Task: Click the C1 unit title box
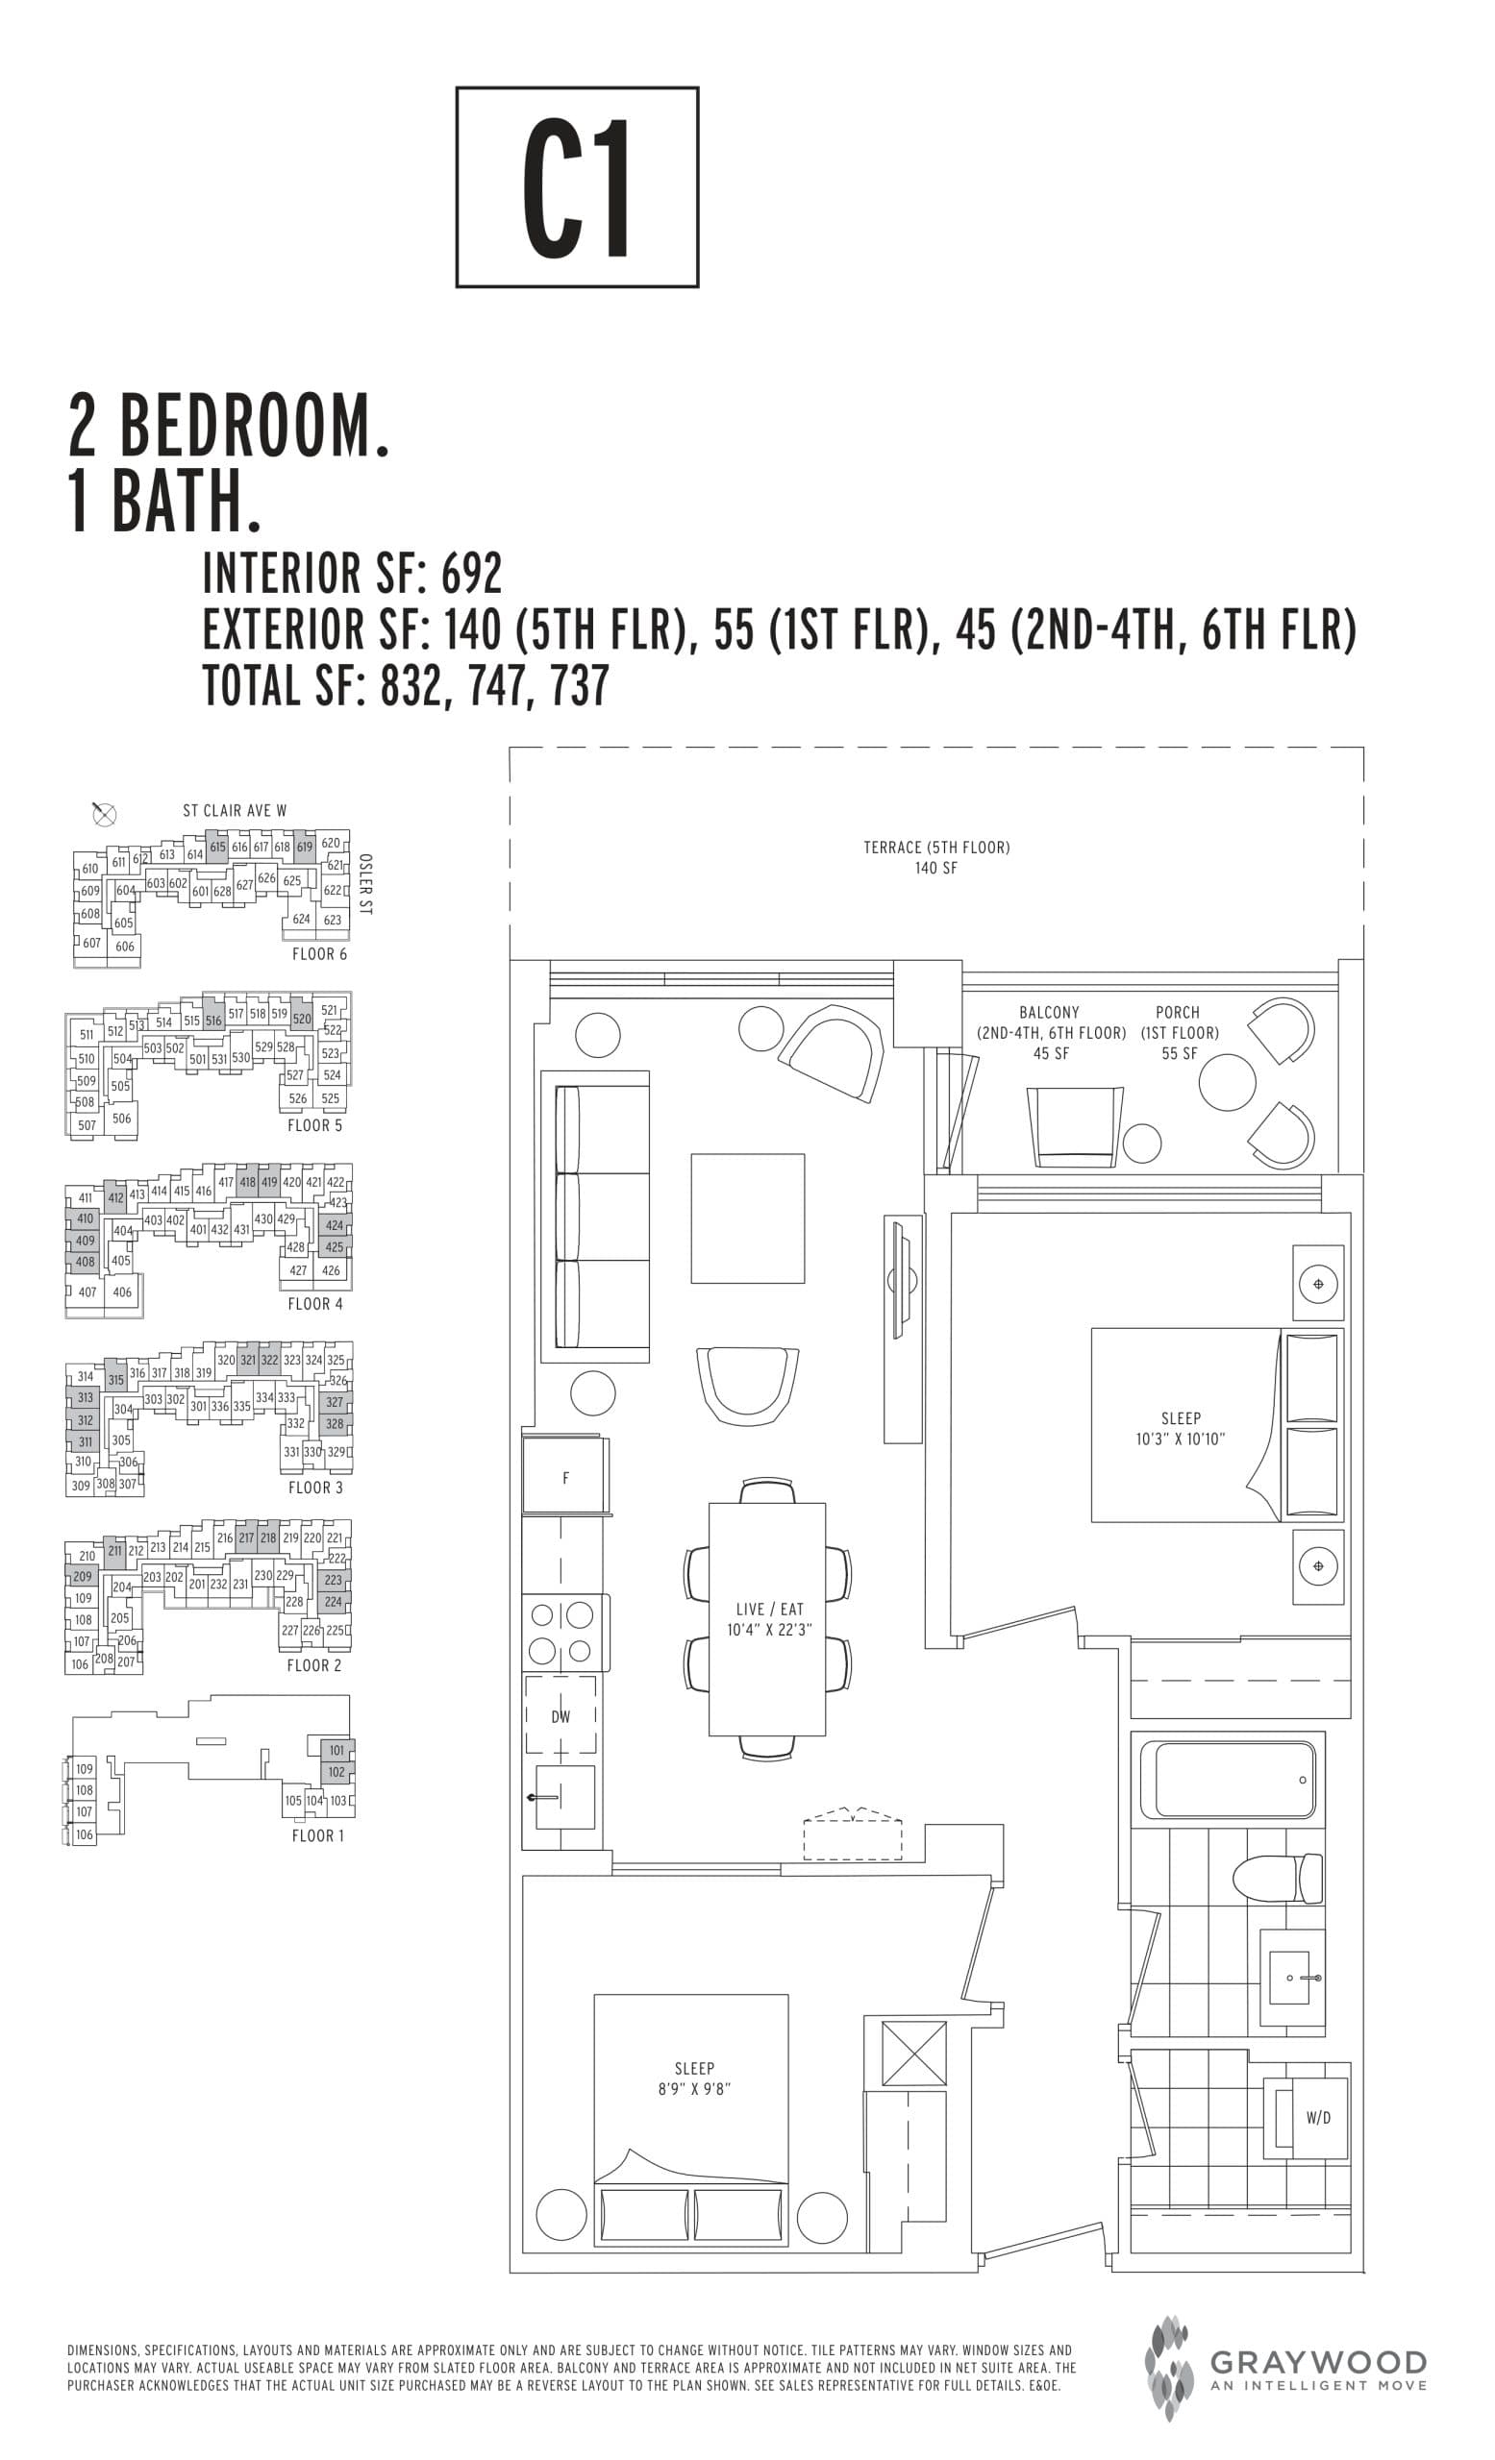(x=576, y=186)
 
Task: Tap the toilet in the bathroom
(x=1279, y=1879)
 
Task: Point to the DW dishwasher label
(x=561, y=1716)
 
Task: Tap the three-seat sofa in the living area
(x=595, y=1217)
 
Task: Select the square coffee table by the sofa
(x=747, y=1218)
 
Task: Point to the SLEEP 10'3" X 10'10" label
(x=1180, y=1429)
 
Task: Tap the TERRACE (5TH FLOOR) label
(x=935, y=856)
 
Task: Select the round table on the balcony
(x=1227, y=1082)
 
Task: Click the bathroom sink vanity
(x=1292, y=1977)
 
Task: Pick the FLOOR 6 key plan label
(x=318, y=953)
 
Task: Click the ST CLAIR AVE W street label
(x=234, y=811)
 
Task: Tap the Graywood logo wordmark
(x=1317, y=2362)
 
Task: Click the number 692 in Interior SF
(x=471, y=573)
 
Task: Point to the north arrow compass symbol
(x=104, y=814)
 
